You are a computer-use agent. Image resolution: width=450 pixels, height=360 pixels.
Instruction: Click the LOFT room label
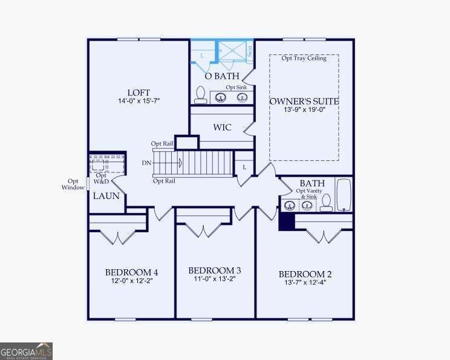click(x=139, y=93)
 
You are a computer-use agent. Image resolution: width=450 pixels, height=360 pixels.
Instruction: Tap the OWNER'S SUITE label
click(x=304, y=101)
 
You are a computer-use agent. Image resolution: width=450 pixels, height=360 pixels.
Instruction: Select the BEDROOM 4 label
click(x=131, y=272)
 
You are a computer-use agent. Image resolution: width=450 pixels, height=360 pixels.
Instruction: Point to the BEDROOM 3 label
click(x=215, y=270)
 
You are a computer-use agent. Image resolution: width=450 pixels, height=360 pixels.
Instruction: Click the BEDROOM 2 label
click(x=305, y=274)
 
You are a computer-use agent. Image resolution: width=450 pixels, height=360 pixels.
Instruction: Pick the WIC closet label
click(x=222, y=127)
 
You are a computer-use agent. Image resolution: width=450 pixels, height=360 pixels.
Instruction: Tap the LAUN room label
click(x=106, y=196)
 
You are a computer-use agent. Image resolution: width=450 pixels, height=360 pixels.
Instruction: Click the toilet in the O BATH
click(x=200, y=95)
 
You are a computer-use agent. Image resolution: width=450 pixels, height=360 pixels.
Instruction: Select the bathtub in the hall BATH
click(x=344, y=195)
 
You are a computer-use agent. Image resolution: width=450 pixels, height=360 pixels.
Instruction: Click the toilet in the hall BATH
click(x=326, y=203)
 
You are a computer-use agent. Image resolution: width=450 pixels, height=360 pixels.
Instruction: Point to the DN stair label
click(x=146, y=163)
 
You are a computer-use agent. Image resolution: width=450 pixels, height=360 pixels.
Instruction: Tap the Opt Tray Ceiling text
click(x=304, y=58)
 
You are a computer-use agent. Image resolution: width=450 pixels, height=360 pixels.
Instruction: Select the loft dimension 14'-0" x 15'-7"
click(x=139, y=101)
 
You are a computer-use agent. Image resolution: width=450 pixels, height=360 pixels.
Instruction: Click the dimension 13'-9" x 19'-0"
click(x=304, y=110)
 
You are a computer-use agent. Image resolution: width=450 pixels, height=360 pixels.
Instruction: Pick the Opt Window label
click(x=73, y=185)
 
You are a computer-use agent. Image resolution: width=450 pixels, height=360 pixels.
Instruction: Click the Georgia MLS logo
click(x=26, y=351)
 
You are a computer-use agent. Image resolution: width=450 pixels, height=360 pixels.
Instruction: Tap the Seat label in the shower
click(x=250, y=51)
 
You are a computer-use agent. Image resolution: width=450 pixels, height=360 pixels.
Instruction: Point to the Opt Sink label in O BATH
click(x=236, y=87)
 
